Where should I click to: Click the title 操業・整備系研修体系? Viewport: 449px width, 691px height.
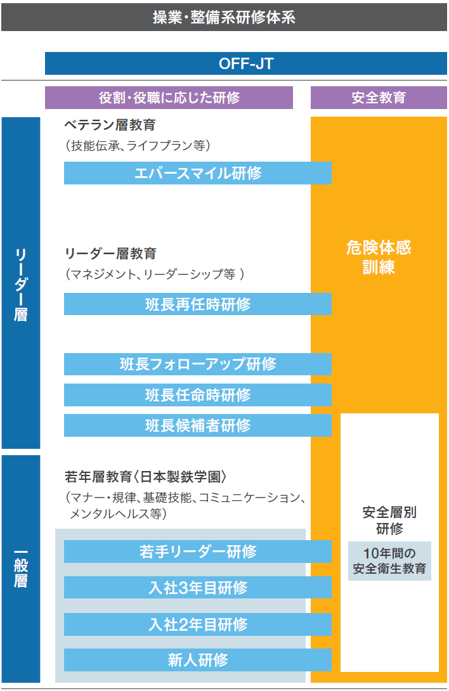coord(224,17)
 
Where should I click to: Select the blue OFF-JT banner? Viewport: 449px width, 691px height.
coord(246,63)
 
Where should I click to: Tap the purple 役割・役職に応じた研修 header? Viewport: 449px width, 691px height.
coord(169,98)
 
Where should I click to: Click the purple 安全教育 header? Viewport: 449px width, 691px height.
coord(379,98)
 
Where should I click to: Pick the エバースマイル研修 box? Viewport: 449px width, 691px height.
coord(198,172)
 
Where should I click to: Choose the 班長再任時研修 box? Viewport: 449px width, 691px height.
coord(198,304)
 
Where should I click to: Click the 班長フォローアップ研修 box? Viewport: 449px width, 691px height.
coord(198,364)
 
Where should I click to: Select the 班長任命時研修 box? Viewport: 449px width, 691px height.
coord(198,395)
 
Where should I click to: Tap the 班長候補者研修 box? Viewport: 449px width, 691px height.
coord(198,425)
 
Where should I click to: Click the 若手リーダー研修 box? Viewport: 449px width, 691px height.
coord(198,552)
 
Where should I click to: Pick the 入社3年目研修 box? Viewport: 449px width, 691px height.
coord(198,588)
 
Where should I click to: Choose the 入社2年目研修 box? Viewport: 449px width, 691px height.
coord(198,624)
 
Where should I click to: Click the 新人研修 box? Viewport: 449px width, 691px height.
coord(198,660)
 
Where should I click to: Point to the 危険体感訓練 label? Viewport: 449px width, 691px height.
coord(379,257)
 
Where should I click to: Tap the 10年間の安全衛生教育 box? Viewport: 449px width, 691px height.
coord(389,561)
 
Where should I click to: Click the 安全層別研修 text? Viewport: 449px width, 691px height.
coord(389,520)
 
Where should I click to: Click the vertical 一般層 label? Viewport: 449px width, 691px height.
coord(21,569)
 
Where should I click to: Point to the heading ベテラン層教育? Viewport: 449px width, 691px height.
coord(110,125)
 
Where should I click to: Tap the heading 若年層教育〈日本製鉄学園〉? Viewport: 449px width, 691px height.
coord(146,477)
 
